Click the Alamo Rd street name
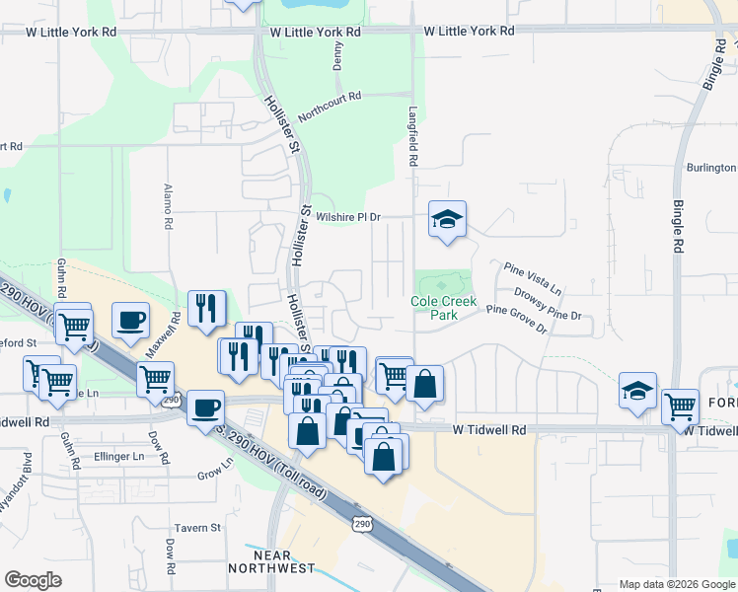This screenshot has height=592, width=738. click(169, 206)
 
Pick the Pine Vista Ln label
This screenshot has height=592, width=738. click(532, 278)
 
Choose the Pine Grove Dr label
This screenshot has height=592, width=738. click(514, 318)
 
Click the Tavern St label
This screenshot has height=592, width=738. click(197, 528)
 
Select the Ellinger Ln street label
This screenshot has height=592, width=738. click(118, 457)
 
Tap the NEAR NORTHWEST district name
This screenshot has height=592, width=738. click(271, 560)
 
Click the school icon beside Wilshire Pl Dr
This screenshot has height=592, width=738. click(447, 220)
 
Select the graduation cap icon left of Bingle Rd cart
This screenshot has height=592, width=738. click(638, 391)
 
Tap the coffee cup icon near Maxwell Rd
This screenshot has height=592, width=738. click(131, 320)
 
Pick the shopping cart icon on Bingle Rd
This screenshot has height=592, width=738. click(680, 406)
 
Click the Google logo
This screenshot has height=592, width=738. click(33, 580)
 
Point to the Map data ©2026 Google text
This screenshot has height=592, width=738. click(676, 584)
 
